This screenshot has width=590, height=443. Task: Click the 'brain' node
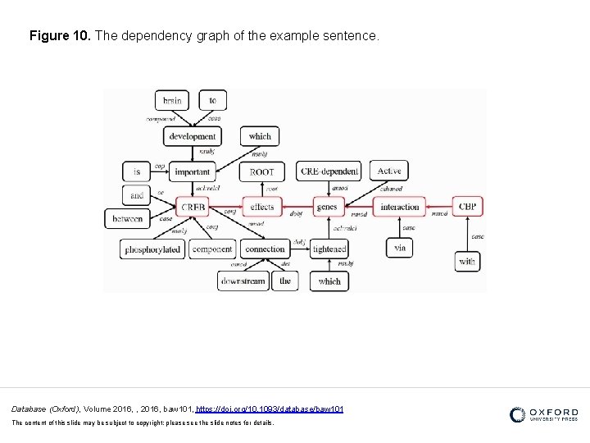click(172, 101)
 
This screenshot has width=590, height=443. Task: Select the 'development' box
click(193, 136)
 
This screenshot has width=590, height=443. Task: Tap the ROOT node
click(261, 171)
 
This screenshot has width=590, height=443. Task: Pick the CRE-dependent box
click(329, 171)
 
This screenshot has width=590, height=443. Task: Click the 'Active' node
click(389, 171)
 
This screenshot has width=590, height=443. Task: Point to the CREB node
click(193, 207)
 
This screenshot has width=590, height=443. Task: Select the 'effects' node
click(261, 207)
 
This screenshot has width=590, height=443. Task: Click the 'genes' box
click(326, 207)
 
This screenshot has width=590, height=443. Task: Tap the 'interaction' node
click(400, 207)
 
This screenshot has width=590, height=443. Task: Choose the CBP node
click(467, 207)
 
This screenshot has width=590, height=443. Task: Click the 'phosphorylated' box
click(152, 249)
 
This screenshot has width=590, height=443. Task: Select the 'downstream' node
click(243, 281)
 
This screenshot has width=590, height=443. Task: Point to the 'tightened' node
click(329, 249)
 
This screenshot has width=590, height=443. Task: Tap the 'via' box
click(399, 247)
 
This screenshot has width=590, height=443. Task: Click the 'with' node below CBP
click(467, 262)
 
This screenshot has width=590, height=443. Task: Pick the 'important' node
click(193, 171)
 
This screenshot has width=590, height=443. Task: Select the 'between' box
click(128, 219)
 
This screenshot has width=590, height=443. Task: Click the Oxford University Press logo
click(543, 414)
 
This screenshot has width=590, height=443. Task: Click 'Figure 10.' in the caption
click(60, 37)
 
